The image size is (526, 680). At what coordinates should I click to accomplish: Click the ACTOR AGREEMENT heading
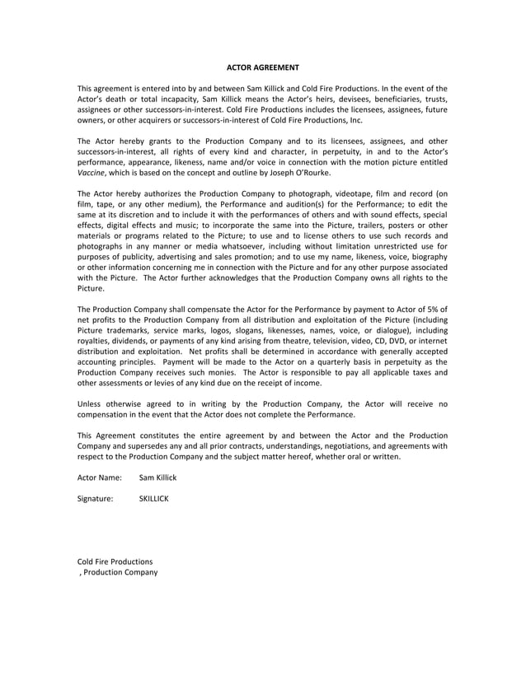[x=263, y=67]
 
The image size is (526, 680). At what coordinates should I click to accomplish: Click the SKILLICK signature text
[x=154, y=498]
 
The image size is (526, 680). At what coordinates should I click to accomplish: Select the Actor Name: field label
[x=100, y=477]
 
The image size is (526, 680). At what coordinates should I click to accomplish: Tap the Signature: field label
[x=95, y=498]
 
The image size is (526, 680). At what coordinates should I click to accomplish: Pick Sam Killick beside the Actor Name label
[x=158, y=477]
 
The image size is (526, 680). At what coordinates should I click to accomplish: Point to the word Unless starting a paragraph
[x=92, y=403]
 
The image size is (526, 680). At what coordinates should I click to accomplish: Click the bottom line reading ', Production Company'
[x=117, y=572]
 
